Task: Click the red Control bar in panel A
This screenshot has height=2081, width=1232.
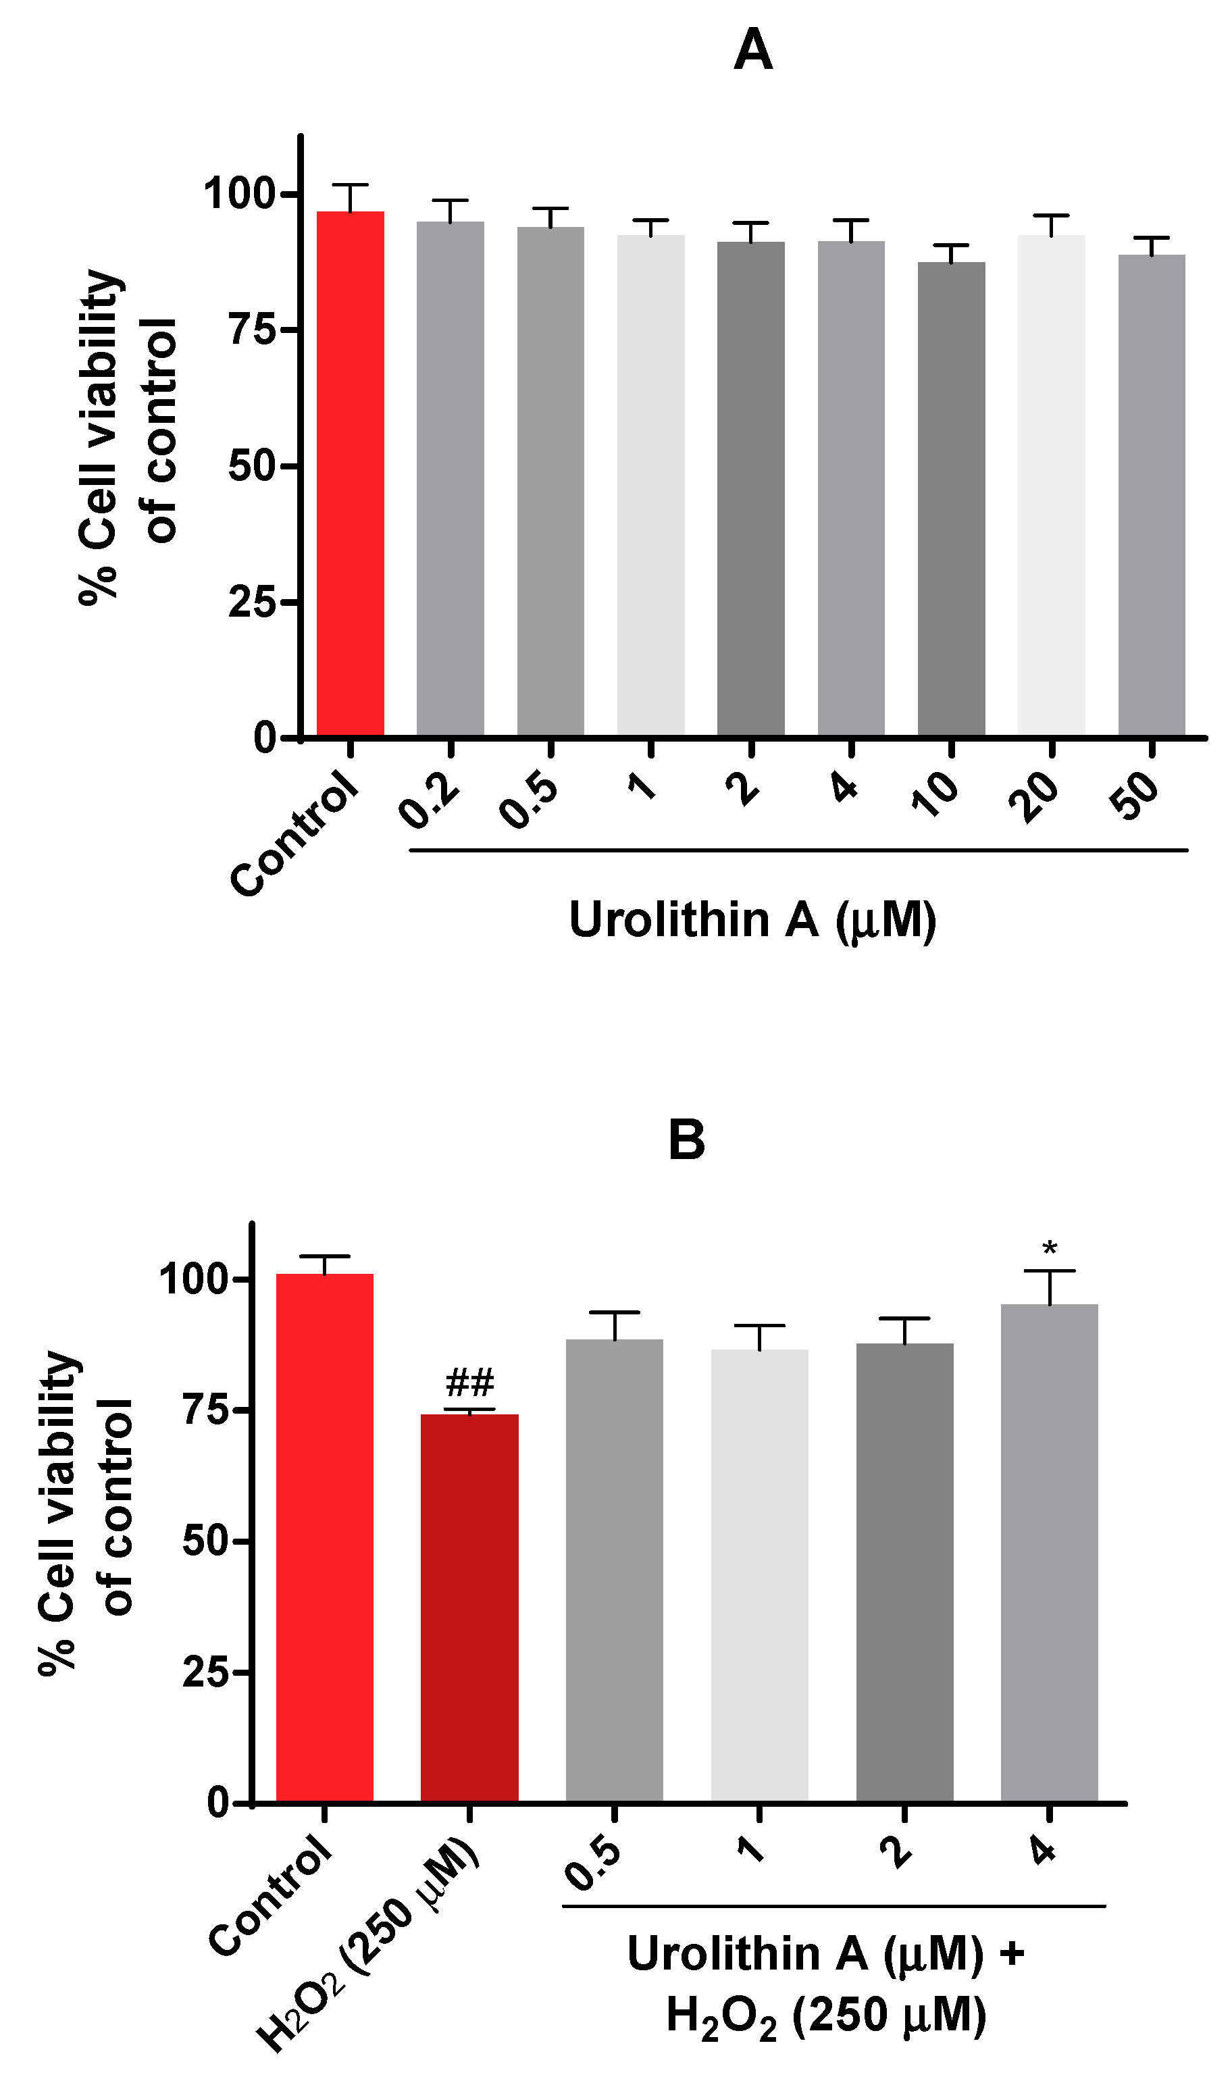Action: [x=351, y=473]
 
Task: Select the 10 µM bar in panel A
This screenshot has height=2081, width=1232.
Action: [x=952, y=498]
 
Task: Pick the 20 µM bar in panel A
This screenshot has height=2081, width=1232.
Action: [x=1051, y=486]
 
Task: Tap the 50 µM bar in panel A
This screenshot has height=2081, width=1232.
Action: [x=1152, y=494]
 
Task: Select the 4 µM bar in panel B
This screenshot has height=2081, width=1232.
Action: [x=1050, y=1552]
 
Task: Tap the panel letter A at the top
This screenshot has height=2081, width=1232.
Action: [x=753, y=50]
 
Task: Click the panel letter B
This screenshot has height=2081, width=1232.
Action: [x=686, y=1139]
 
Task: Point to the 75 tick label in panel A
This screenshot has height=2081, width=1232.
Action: [x=251, y=330]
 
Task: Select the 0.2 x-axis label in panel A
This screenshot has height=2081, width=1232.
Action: [x=428, y=799]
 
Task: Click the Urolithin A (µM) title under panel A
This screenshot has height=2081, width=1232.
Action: [x=752, y=920]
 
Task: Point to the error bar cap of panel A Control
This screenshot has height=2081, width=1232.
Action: [x=351, y=184]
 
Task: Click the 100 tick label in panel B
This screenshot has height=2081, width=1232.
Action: [x=193, y=1279]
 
